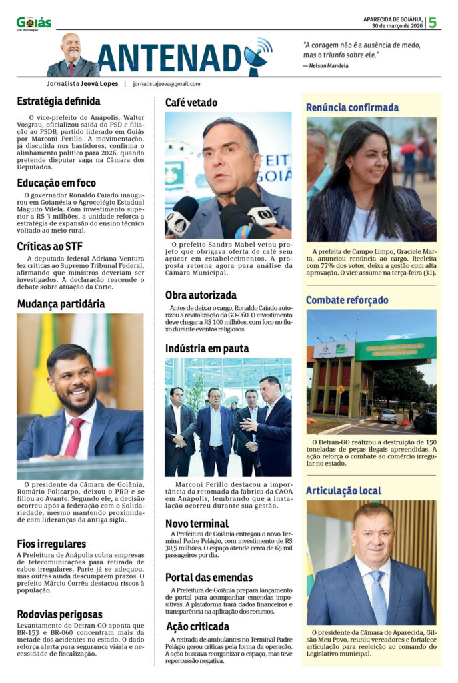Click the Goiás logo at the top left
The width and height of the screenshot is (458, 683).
point(33,23)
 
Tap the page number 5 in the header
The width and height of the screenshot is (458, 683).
point(433,22)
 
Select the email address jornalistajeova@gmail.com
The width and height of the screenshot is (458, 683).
point(167,84)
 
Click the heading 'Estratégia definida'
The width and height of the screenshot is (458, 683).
point(59,101)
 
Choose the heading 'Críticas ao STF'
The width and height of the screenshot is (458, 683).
point(50,246)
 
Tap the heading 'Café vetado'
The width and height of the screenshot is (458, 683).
point(191,103)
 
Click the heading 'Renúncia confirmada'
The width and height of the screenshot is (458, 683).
point(352,107)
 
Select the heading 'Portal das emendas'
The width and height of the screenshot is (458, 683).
point(209,577)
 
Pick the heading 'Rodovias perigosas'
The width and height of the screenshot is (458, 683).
point(59,614)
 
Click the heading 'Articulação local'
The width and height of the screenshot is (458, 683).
point(343,491)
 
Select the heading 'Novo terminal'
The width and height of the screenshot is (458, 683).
point(197,524)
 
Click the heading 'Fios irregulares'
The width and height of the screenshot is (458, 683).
point(51,544)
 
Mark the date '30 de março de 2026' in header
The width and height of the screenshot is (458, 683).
point(397,26)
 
